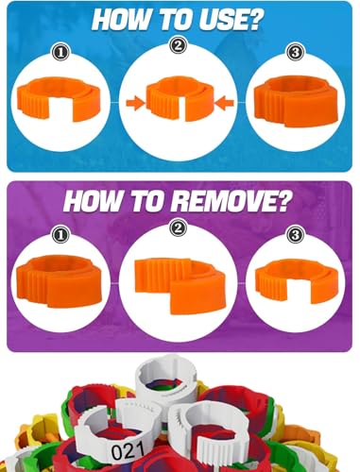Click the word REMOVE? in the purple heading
231,202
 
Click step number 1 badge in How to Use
60,52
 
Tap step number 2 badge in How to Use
179,45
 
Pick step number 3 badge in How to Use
296,52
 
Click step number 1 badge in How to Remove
60,235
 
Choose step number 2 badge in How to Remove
179,228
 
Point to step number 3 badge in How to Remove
296,235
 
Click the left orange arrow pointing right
135,103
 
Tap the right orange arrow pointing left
225,103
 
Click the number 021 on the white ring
128,452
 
